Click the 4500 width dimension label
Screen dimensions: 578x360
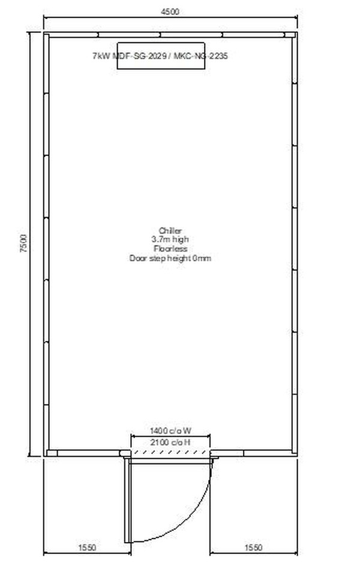(x=170, y=11)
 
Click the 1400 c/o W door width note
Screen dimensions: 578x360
(x=170, y=431)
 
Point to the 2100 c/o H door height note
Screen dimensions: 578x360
(x=170, y=442)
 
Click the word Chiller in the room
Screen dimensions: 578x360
(x=170, y=230)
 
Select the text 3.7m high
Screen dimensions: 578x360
(x=170, y=239)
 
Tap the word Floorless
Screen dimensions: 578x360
(x=170, y=248)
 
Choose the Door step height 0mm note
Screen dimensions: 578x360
(x=170, y=258)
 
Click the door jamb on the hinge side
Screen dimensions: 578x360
(x=124, y=454)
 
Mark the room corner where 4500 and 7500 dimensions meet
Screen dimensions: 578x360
(x=46, y=35)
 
